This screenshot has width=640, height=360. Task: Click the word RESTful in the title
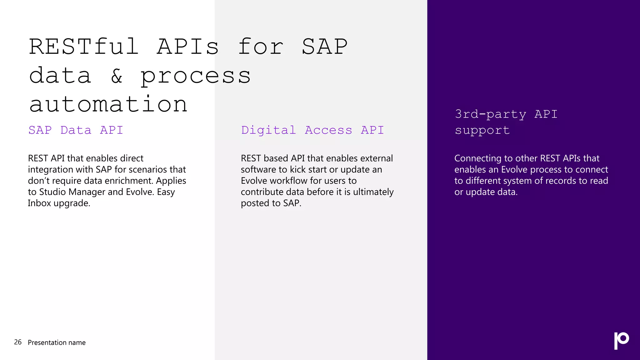pos(84,47)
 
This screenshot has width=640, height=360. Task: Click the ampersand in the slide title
pos(117,76)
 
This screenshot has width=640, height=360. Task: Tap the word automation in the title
pos(108,104)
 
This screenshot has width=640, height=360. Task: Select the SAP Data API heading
pos(76,130)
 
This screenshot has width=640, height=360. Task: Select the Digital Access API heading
pos(312,130)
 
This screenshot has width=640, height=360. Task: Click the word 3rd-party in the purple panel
pos(490,114)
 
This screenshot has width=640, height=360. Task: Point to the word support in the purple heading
pos(482,130)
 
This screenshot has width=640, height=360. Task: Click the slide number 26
pos(18,342)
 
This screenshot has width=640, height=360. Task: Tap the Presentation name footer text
pos(57,342)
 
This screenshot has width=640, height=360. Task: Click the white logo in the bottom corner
pos(621,341)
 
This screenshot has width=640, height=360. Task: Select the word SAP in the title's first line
pos(324,47)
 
